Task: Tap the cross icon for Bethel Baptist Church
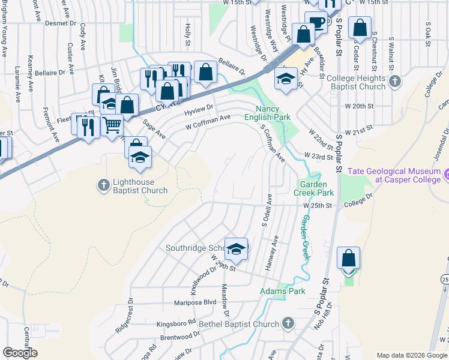coord(288,323)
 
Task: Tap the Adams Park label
coord(282,292)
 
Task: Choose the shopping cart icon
coord(112,125)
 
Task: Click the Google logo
coord(20,353)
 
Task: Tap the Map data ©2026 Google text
coord(412,355)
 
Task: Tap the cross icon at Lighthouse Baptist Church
coord(103,183)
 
